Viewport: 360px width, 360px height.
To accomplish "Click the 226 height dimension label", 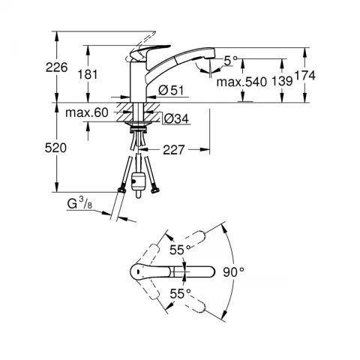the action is [56, 67].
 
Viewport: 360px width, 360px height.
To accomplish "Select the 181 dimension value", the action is [88, 74].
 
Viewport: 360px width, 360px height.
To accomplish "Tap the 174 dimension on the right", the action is [305, 76].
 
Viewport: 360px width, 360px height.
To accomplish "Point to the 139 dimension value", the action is [282, 81].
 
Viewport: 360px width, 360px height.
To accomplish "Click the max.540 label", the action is [241, 82].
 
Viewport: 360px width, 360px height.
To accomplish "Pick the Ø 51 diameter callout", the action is [171, 90].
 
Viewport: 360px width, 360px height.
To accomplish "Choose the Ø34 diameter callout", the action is [176, 118].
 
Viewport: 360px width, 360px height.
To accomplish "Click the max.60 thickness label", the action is [87, 112].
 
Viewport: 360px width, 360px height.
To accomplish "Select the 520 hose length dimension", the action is [55, 148].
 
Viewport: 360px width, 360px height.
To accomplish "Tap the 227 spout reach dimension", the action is [174, 150].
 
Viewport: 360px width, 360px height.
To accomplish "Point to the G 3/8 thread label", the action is [79, 203].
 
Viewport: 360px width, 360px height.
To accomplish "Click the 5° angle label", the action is [230, 61].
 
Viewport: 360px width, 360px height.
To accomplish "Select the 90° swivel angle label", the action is [234, 272].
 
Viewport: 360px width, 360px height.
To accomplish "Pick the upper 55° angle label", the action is [181, 250].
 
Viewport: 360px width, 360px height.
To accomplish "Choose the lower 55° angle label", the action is [181, 294].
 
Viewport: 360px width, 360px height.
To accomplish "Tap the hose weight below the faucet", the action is [137, 181].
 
